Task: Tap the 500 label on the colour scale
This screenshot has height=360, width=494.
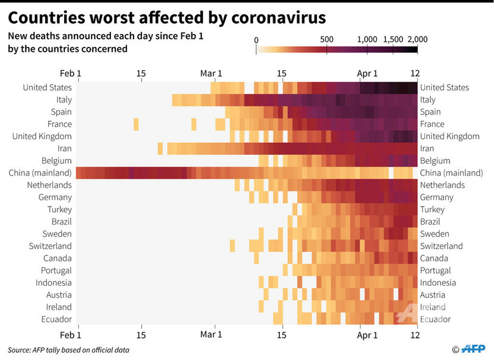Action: click(x=327, y=40)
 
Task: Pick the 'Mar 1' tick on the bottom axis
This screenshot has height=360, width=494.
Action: click(x=211, y=334)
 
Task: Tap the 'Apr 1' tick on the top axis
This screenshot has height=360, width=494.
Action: click(x=367, y=74)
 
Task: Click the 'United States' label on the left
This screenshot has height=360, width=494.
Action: click(x=48, y=87)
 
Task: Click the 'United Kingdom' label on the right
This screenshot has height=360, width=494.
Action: click(x=449, y=136)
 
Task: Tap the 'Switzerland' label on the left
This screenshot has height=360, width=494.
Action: click(x=50, y=246)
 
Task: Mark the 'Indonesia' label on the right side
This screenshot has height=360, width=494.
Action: click(x=438, y=283)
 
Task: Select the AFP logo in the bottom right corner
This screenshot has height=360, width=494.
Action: click(x=473, y=349)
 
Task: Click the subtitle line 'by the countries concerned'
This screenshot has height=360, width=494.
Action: click(x=68, y=49)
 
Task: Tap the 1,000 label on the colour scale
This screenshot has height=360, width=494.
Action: click(x=367, y=40)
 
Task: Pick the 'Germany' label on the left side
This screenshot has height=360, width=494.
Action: click(x=55, y=197)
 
